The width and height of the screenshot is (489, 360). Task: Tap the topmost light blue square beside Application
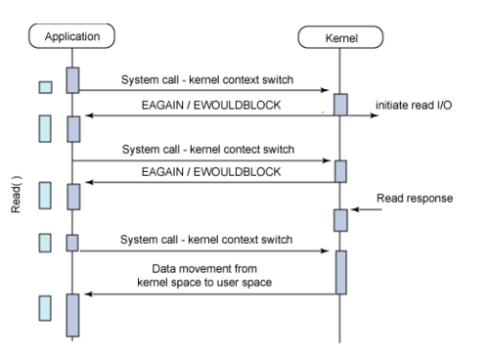[44, 89]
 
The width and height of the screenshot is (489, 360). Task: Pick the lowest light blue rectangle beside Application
[44, 309]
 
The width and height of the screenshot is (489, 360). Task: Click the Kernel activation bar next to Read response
[339, 219]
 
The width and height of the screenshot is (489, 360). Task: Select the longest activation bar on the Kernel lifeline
[339, 272]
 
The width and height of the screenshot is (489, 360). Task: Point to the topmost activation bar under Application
[72, 80]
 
